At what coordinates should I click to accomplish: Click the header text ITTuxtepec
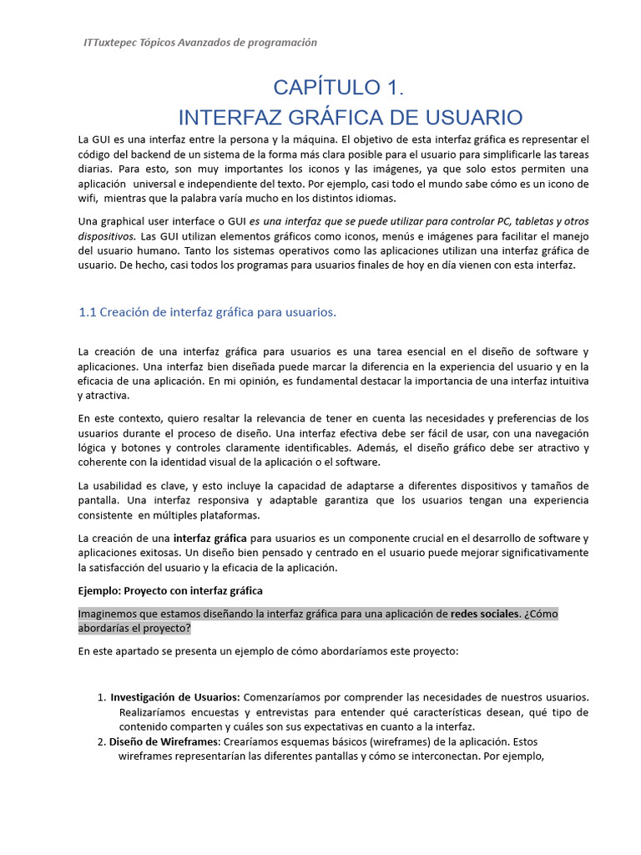pos(113,43)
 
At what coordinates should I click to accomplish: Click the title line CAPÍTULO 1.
pos(339,87)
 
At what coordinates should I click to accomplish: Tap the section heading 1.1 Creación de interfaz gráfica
pos(207,312)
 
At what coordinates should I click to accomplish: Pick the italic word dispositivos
pos(107,235)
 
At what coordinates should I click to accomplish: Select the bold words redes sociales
pos(484,614)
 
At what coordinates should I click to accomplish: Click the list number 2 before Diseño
pos(100,741)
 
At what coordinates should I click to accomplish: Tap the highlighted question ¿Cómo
pos(541,614)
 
